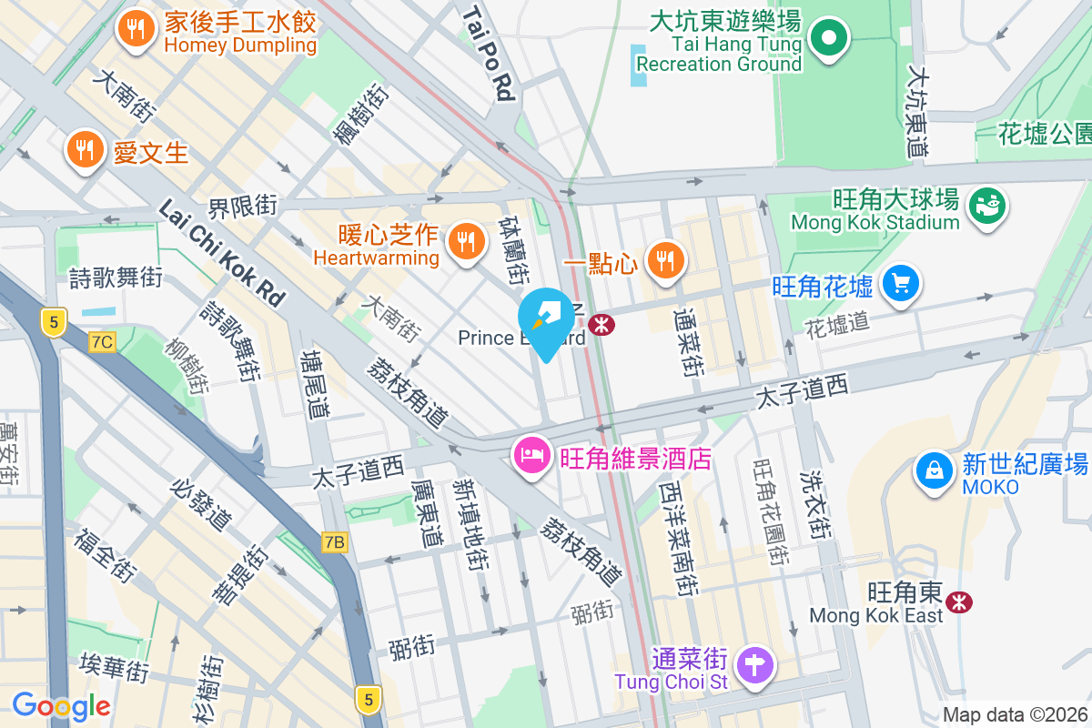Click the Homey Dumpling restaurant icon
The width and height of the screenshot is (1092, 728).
tap(136, 30)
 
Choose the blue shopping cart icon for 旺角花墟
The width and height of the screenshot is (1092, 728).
tap(901, 286)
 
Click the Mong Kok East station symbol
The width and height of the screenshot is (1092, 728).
tap(957, 602)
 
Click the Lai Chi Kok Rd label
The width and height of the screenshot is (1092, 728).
tap(222, 253)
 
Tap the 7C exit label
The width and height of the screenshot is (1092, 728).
tap(103, 342)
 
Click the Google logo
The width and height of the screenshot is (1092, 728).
tap(61, 706)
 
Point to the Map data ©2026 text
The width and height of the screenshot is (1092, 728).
tap(1014, 715)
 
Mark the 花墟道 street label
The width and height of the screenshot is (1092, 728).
tap(837, 322)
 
